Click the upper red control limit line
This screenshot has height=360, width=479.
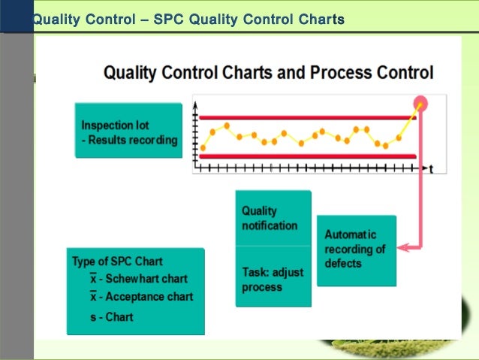300,118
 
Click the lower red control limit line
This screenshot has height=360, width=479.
300,156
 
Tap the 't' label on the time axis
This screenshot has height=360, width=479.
431,169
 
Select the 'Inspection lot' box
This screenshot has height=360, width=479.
128,131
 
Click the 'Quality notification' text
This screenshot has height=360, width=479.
270,218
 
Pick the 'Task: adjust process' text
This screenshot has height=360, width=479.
273,279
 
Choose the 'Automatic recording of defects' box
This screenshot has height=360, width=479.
356,250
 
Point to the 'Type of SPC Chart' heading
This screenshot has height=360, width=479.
117,262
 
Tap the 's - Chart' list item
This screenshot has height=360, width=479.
112,317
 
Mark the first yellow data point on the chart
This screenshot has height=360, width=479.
203,147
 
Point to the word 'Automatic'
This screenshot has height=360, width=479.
351,234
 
